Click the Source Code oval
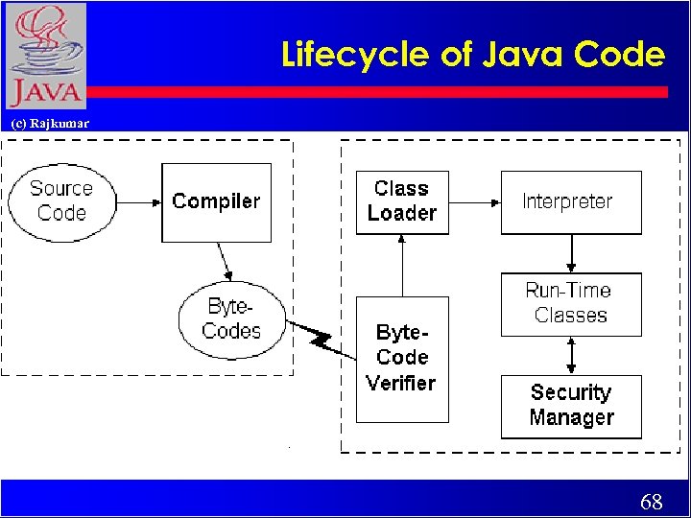coord(61,201)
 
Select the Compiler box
coord(216,201)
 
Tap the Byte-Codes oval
coord(232,319)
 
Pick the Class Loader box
coord(402,201)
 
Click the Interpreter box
coord(570,201)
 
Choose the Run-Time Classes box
coord(570,304)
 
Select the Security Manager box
coord(570,406)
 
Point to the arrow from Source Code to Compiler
coord(138,202)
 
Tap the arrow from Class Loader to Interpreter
coord(474,202)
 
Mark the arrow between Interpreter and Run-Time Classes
coord(571,253)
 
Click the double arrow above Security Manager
coord(571,355)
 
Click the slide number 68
coord(651,502)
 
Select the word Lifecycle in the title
coord(356,55)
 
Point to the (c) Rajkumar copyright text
coord(49,123)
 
